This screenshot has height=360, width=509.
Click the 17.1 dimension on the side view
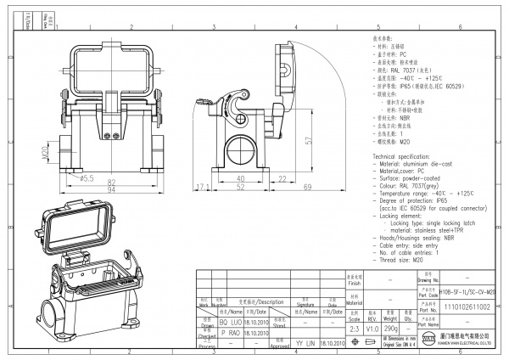pyautogui.click(x=203, y=186)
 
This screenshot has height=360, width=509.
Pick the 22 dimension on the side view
pyautogui.click(x=279, y=177)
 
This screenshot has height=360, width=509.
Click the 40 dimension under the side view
pyautogui.click(x=240, y=177)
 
